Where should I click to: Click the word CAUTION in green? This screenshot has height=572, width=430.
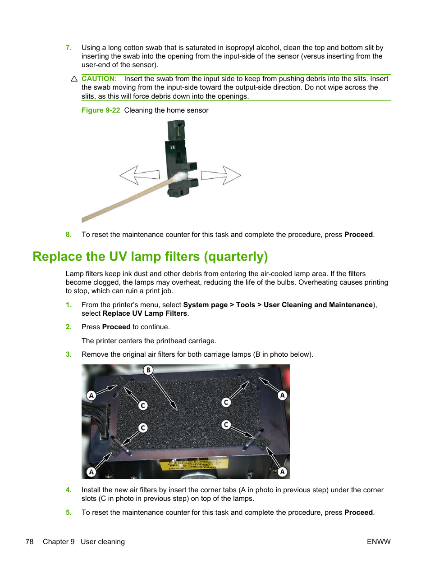click(x=99, y=79)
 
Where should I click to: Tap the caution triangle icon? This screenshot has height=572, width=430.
click(x=74, y=79)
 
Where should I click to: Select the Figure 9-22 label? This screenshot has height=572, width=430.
click(x=101, y=110)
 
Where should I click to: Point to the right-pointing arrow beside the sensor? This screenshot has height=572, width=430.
click(x=221, y=175)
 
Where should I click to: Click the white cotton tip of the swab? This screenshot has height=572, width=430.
click(x=180, y=177)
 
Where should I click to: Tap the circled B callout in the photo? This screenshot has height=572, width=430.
click(x=148, y=370)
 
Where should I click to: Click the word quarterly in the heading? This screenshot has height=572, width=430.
click(x=236, y=257)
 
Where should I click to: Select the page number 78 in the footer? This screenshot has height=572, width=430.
click(x=29, y=542)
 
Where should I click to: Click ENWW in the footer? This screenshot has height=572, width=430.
click(x=379, y=542)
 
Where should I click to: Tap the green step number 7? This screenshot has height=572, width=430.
click(x=69, y=48)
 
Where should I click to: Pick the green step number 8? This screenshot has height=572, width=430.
click(x=69, y=235)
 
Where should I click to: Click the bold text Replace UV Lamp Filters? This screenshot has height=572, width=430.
click(x=145, y=313)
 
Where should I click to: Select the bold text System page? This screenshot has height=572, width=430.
click(x=205, y=305)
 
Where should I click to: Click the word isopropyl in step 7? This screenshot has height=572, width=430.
click(x=239, y=48)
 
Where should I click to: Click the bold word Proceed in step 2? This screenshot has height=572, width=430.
click(x=116, y=327)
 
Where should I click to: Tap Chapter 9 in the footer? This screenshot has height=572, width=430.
click(x=59, y=542)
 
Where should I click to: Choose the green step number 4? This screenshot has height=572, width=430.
click(x=69, y=490)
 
